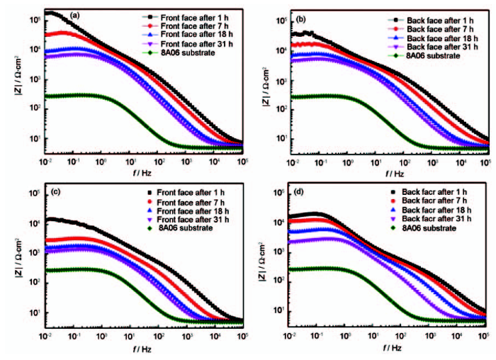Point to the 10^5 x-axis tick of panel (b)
[485, 163]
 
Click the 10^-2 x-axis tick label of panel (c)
[47, 337]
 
